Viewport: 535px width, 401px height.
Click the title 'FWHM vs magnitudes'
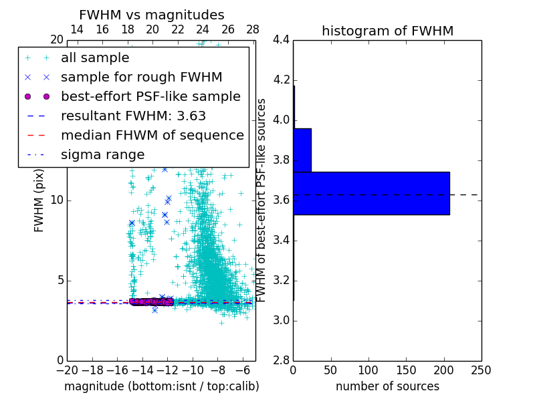tap(152, 15)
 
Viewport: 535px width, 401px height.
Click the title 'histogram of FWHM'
tap(387, 31)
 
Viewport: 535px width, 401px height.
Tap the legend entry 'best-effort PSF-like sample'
tap(150, 97)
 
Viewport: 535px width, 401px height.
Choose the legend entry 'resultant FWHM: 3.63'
tap(133, 116)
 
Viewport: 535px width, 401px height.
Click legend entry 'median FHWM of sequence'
tap(152, 136)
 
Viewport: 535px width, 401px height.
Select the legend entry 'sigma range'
tap(102, 155)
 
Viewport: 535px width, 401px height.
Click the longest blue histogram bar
tap(371, 193)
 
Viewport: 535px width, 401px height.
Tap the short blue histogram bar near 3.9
tap(302, 150)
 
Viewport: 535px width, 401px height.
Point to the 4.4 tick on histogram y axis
tap(281, 40)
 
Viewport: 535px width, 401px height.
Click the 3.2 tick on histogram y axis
tap(281, 281)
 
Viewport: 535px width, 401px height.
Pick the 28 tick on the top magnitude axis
tap(253, 29)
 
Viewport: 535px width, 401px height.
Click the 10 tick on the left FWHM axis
tap(56, 200)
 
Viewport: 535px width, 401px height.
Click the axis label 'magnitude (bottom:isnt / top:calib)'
tap(161, 386)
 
